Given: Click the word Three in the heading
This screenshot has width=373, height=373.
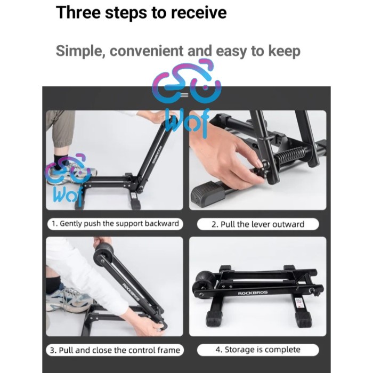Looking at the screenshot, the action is tap(78, 12).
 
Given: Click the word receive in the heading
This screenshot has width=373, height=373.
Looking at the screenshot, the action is tap(199, 13).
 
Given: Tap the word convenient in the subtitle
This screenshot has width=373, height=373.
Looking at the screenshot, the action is tap(147, 51).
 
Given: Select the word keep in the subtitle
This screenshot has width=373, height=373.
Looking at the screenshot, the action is tap(284, 51).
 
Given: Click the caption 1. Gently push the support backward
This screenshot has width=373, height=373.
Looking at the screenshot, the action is tap(115, 224).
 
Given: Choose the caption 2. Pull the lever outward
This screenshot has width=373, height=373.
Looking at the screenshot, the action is tap(258, 224).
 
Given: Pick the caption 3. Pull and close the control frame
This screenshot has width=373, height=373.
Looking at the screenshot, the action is tap(115, 350).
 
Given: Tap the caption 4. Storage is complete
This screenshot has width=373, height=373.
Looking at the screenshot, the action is tap(258, 350).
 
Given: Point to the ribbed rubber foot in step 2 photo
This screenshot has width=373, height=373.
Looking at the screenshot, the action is tap(207, 193).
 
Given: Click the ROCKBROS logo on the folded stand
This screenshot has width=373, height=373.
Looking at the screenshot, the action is tap(253, 293).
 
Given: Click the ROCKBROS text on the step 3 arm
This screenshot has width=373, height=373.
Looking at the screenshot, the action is tap(131, 293).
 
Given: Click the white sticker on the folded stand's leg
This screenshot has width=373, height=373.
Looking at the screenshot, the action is tap(298, 303).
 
